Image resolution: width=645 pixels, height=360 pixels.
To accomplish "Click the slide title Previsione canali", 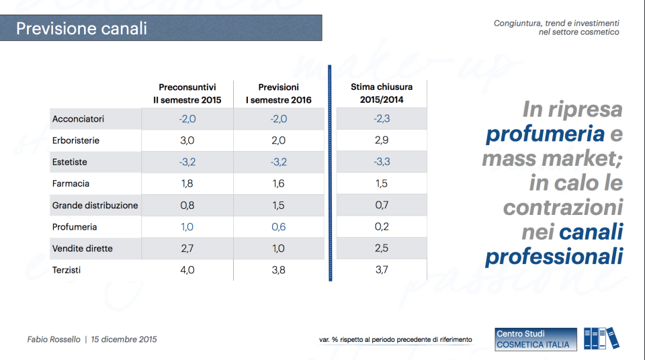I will pos(81,29).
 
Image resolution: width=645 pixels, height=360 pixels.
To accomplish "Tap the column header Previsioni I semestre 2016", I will pos(278,93).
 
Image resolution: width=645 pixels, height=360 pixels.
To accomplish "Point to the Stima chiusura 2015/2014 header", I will pos(382,93).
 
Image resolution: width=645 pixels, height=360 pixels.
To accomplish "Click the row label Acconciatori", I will pos(78,119).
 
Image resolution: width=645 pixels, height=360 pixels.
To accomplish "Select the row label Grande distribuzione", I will pos(95,206).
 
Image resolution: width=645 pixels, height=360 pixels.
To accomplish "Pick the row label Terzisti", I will pos(68,270).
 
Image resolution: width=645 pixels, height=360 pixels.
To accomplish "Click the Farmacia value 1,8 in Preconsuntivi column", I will pos(187,184).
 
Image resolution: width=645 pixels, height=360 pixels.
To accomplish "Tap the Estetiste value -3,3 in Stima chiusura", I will pos(381,163).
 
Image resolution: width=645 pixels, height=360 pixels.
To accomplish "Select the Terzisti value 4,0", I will pos(187,270).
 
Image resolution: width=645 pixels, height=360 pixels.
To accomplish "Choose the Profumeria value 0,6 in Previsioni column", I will pos(278,227).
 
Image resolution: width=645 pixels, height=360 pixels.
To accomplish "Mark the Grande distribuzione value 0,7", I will pos(381,206).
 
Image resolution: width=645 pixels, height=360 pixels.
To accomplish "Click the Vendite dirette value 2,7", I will pos(187,249).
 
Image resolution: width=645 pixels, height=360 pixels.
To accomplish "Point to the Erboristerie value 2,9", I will pos(381,140).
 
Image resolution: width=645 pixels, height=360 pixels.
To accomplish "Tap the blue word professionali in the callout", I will pos(554,257).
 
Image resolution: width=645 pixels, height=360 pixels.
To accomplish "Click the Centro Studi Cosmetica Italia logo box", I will pos(535,339).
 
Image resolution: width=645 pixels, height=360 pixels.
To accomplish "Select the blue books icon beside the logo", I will pos(601,339).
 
